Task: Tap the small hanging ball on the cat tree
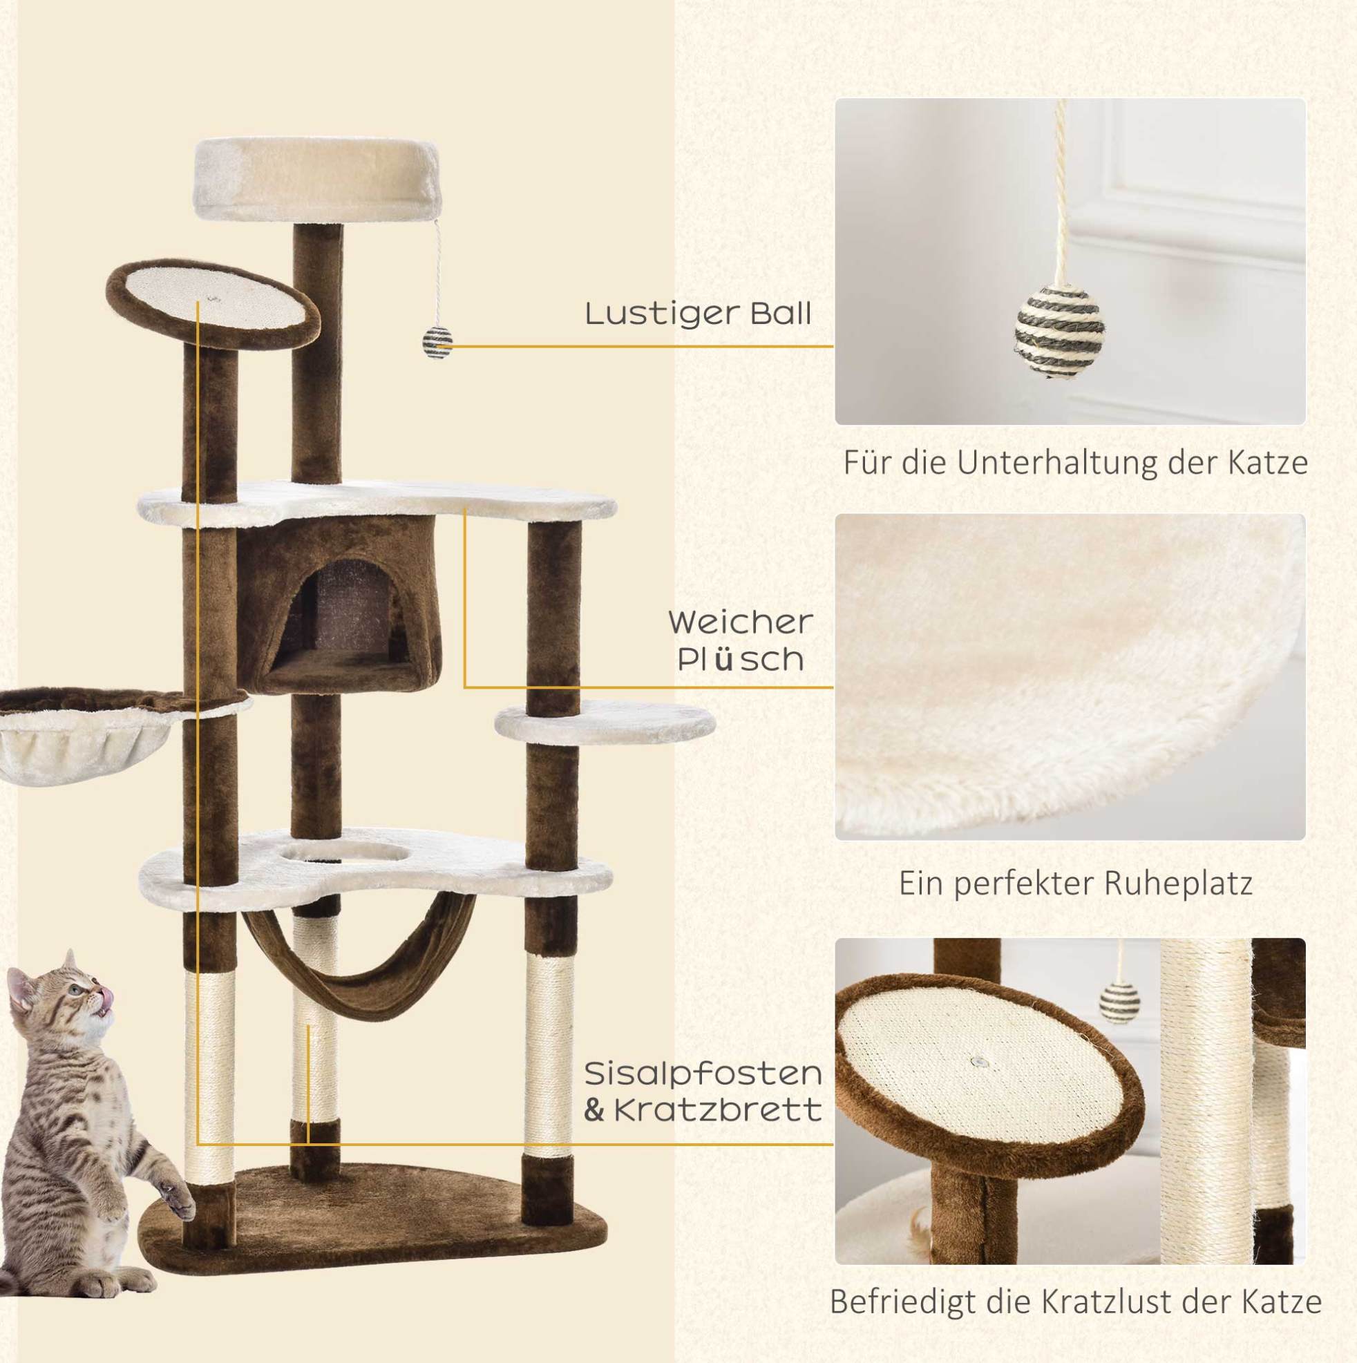[437, 343]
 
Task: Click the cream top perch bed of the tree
[318, 180]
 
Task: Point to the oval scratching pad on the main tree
[213, 305]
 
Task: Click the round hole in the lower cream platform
[344, 853]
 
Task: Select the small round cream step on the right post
[605, 723]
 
